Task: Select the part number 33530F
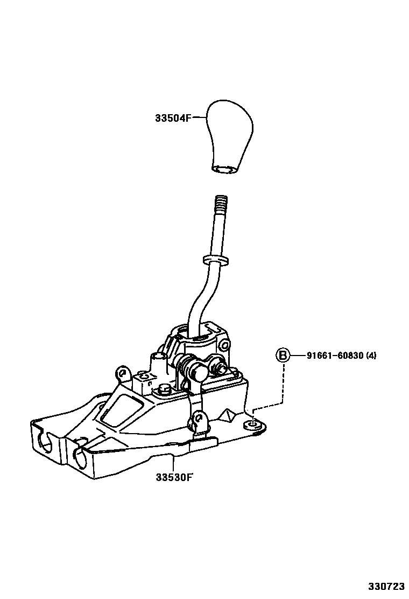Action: click(x=173, y=477)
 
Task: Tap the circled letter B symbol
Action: click(x=283, y=356)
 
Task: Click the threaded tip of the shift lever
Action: click(x=221, y=205)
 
